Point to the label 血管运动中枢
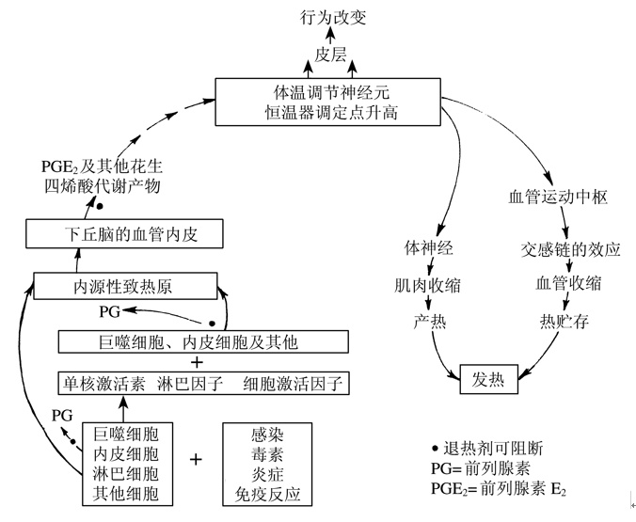[559, 198]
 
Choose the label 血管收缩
[568, 284]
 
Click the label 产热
[429, 321]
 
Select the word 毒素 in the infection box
[267, 454]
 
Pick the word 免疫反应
[267, 493]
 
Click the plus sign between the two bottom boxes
[196, 460]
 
